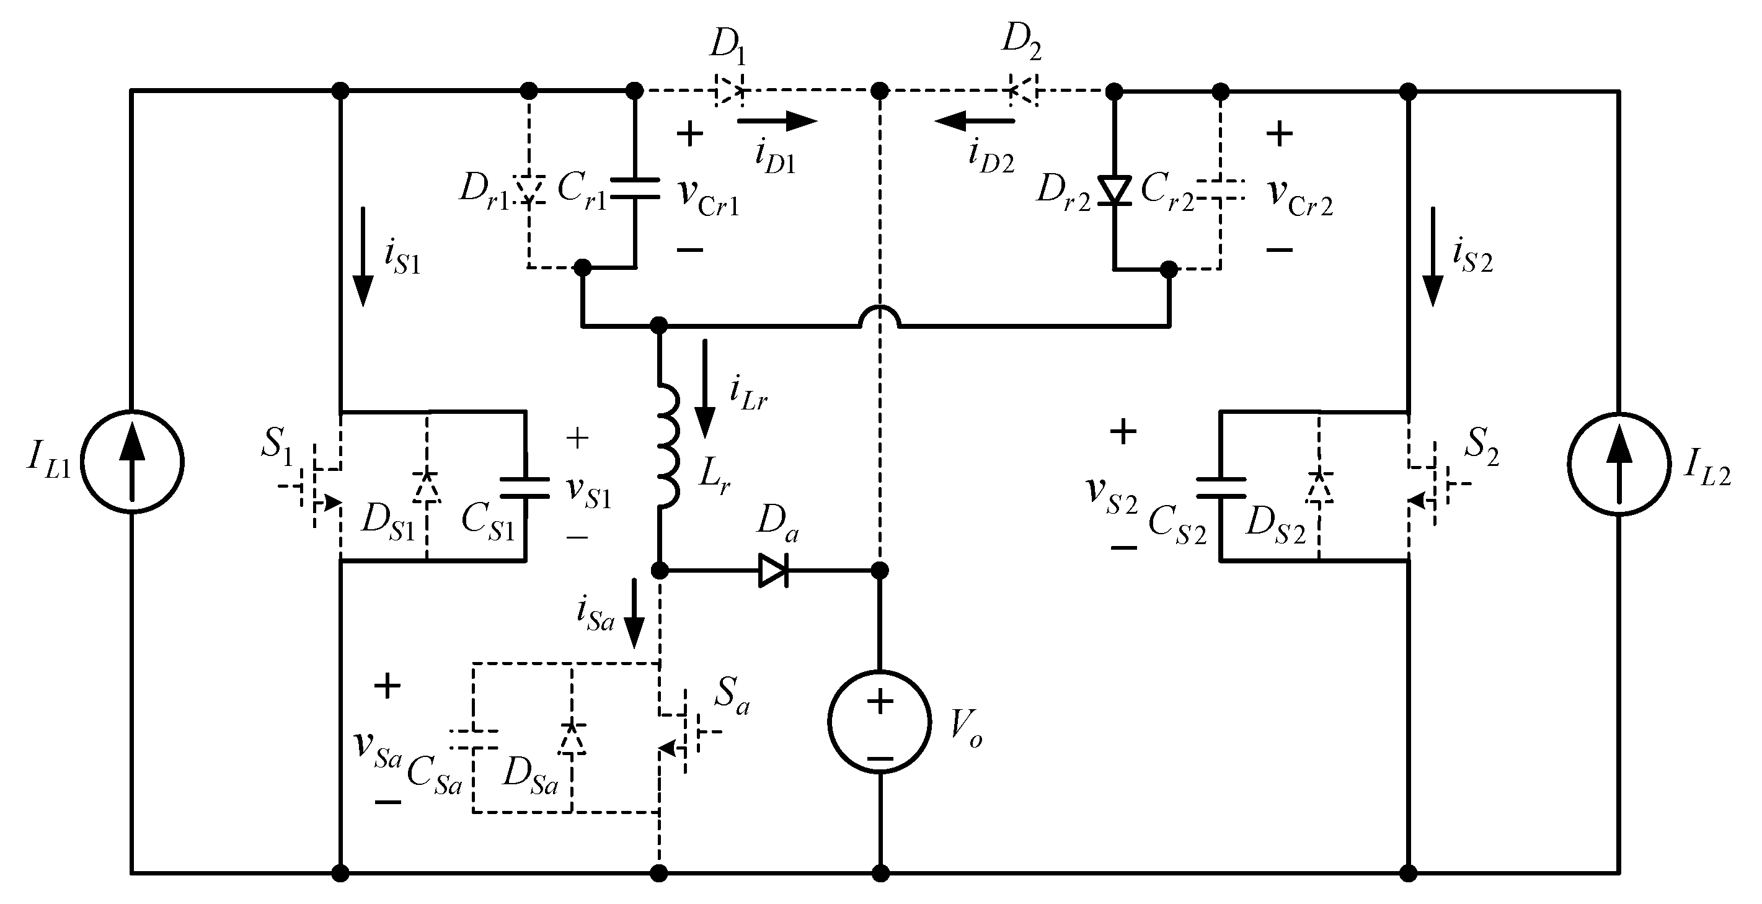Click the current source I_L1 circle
pyautogui.click(x=132, y=462)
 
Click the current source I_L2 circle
pyautogui.click(x=1618, y=464)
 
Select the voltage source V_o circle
pyautogui.click(x=880, y=722)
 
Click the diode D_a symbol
pyautogui.click(x=774, y=570)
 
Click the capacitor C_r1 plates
pyautogui.click(x=634, y=189)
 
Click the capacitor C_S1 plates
pyautogui.click(x=525, y=487)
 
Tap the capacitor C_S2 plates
pyautogui.click(x=1220, y=487)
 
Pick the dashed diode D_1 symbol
pyautogui.click(x=729, y=91)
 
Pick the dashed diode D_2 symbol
pyautogui.click(x=1024, y=91)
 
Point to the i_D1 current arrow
pyautogui.click(x=776, y=121)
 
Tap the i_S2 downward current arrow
pyautogui.click(x=1432, y=257)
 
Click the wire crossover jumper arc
pyautogui.click(x=880, y=315)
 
